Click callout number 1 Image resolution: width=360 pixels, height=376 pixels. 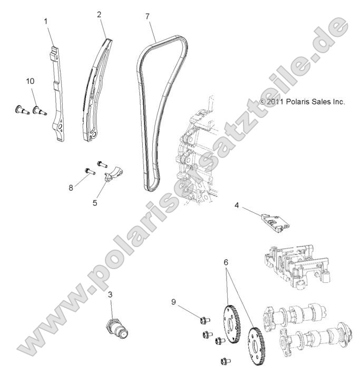click(46, 21)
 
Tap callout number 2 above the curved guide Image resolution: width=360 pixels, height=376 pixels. click(99, 14)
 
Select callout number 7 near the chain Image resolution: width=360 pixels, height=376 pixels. click(147, 16)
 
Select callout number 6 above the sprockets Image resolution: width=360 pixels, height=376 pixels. click(226, 261)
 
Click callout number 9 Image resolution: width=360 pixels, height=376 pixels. click(174, 302)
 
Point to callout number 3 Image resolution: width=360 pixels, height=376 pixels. click(110, 294)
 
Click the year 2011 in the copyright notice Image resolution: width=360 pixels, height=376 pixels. click(276, 102)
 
